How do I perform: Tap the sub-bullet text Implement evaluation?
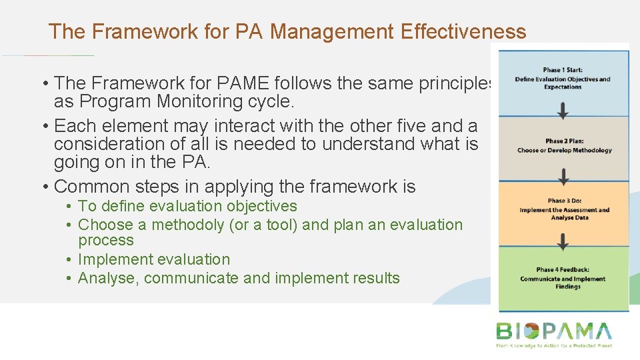[154, 259]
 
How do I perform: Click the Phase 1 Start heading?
[563, 70]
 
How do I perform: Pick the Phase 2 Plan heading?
[564, 141]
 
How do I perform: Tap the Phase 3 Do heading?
[564, 201]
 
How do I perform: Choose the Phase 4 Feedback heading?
[563, 270]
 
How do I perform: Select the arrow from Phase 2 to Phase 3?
[564, 177]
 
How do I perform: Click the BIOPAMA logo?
[553, 331]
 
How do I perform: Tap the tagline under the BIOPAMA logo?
[553, 346]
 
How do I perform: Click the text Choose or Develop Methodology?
[564, 151]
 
